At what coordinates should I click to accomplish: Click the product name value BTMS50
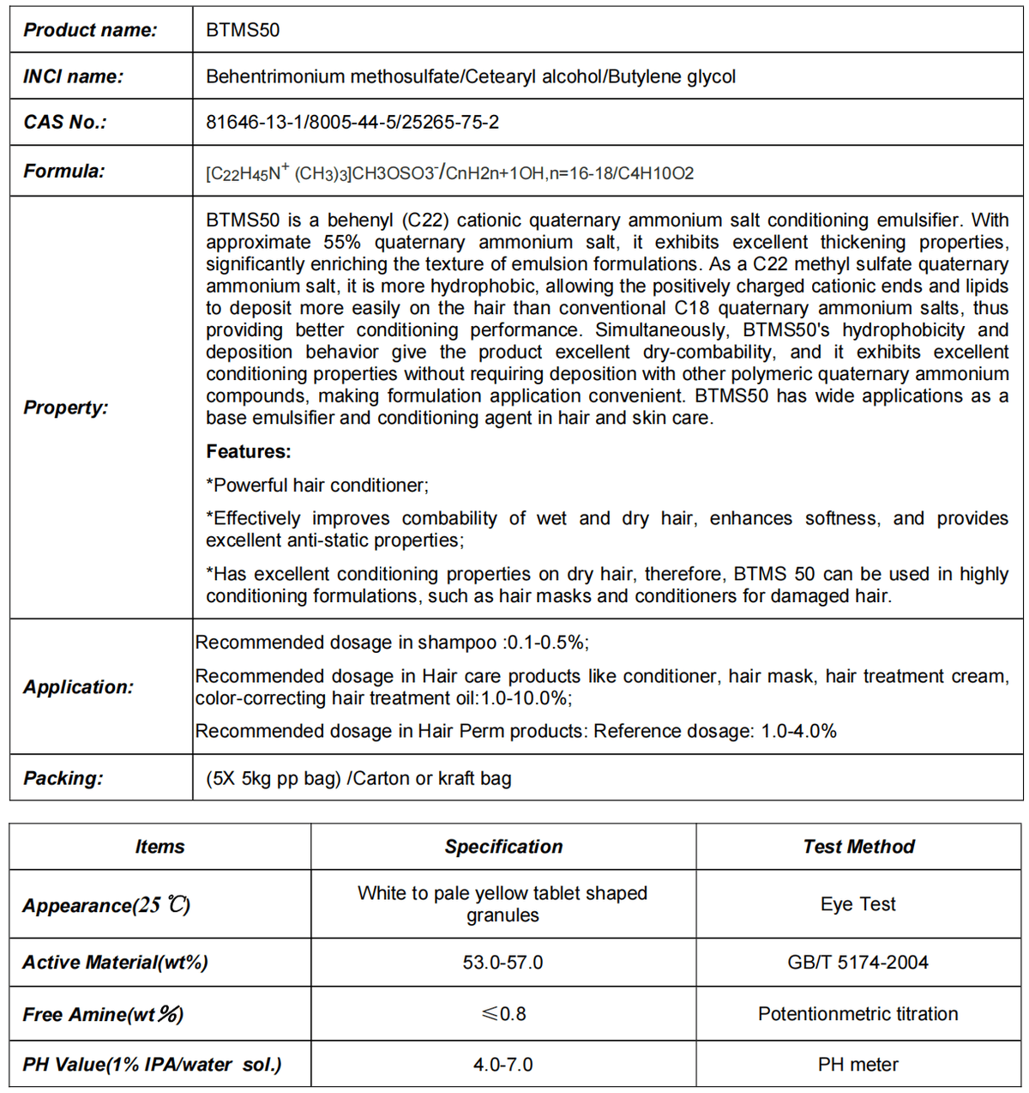click(x=243, y=30)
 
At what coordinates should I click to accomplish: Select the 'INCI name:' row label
click(x=73, y=76)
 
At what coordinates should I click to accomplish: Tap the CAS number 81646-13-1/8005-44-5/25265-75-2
click(x=352, y=122)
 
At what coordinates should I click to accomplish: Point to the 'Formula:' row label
click(x=63, y=171)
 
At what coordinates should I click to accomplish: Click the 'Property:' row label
click(x=65, y=408)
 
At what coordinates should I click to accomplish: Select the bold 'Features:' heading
click(x=249, y=451)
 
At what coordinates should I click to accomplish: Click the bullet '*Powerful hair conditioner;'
click(x=317, y=485)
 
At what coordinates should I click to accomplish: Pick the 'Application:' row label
click(x=78, y=687)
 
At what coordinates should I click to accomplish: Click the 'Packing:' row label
click(x=63, y=778)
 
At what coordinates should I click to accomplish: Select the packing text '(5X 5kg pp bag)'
click(x=274, y=778)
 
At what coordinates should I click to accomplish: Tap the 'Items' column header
click(x=159, y=847)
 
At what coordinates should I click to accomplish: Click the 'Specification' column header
click(x=503, y=847)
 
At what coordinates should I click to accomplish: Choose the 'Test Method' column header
click(x=858, y=847)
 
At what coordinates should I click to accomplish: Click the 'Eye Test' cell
click(x=857, y=904)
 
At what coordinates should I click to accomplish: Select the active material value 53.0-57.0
click(x=502, y=963)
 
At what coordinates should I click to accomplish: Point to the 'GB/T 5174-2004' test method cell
click(x=857, y=963)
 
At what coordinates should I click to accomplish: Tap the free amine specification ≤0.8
click(x=503, y=1014)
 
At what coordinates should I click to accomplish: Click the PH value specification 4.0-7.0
click(x=502, y=1065)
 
